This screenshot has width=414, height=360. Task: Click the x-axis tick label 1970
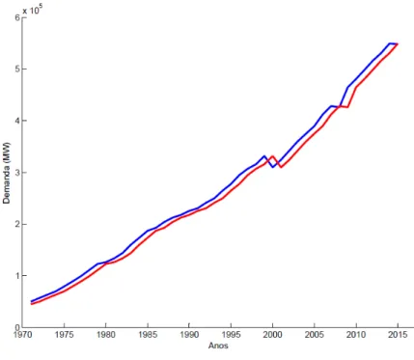click(23, 335)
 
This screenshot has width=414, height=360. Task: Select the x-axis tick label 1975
click(65, 335)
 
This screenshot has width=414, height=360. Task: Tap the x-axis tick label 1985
click(148, 335)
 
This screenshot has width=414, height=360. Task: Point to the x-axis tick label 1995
click(231, 335)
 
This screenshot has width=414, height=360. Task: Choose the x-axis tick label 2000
click(273, 335)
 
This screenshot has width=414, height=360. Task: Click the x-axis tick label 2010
click(356, 335)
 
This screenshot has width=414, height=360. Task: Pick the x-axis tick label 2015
click(398, 335)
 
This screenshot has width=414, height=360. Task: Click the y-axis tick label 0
click(17, 327)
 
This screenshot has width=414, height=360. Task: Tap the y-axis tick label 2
click(17, 224)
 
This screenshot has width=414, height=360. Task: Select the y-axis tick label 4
click(17, 121)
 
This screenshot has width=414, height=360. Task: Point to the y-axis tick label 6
click(17, 17)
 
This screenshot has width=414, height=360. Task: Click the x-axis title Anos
click(218, 346)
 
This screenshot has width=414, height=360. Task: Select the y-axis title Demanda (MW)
click(7, 173)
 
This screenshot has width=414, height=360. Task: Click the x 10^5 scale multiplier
click(33, 10)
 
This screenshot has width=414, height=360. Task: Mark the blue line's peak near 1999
click(264, 156)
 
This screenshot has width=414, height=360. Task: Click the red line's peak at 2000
click(272, 156)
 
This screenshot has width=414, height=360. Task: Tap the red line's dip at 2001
click(281, 167)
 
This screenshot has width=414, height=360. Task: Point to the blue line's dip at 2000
click(272, 167)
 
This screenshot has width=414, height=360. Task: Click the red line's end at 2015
click(398, 43)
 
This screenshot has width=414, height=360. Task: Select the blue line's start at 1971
click(31, 301)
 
